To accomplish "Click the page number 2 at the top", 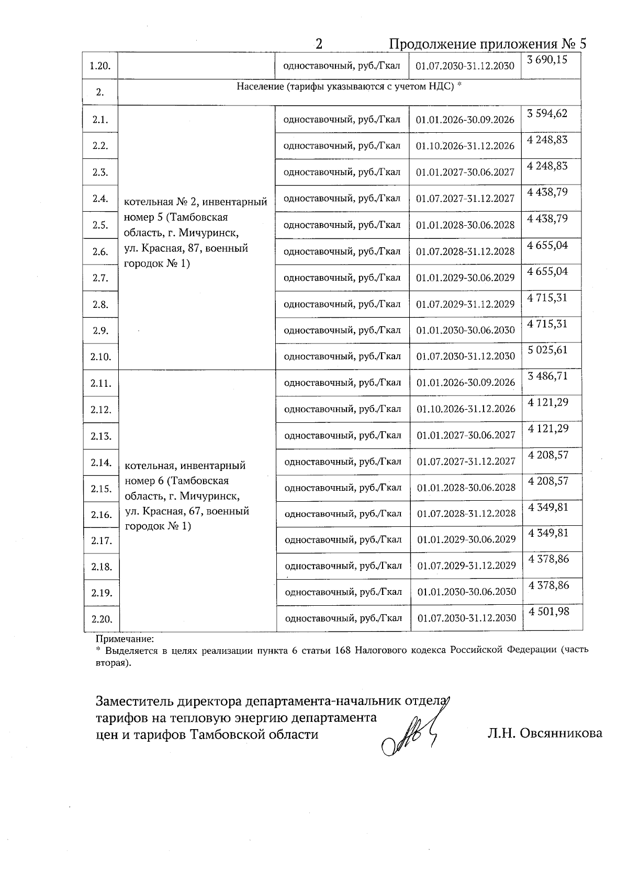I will click(x=319, y=44).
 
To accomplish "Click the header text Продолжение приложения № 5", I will click(x=488, y=44).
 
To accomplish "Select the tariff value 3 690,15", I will click(x=547, y=60).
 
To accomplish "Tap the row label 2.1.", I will click(x=100, y=120).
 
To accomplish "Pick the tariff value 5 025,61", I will click(x=547, y=350).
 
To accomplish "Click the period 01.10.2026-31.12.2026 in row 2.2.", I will click(x=465, y=146).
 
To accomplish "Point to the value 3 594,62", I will click(x=547, y=113).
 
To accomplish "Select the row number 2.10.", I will click(x=100, y=357).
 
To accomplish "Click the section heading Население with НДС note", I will click(x=349, y=87).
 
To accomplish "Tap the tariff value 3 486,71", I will click(x=548, y=376).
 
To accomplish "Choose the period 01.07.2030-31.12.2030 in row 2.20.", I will click(x=467, y=618).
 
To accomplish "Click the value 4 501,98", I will click(x=548, y=611).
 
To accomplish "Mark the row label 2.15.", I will click(x=102, y=489).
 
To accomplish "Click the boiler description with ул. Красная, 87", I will click(x=196, y=233).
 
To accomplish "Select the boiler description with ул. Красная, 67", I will click(x=187, y=496).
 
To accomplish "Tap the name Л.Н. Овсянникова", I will click(x=544, y=733).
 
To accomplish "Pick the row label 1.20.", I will click(x=100, y=66).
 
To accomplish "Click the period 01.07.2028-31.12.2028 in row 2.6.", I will click(x=465, y=251).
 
